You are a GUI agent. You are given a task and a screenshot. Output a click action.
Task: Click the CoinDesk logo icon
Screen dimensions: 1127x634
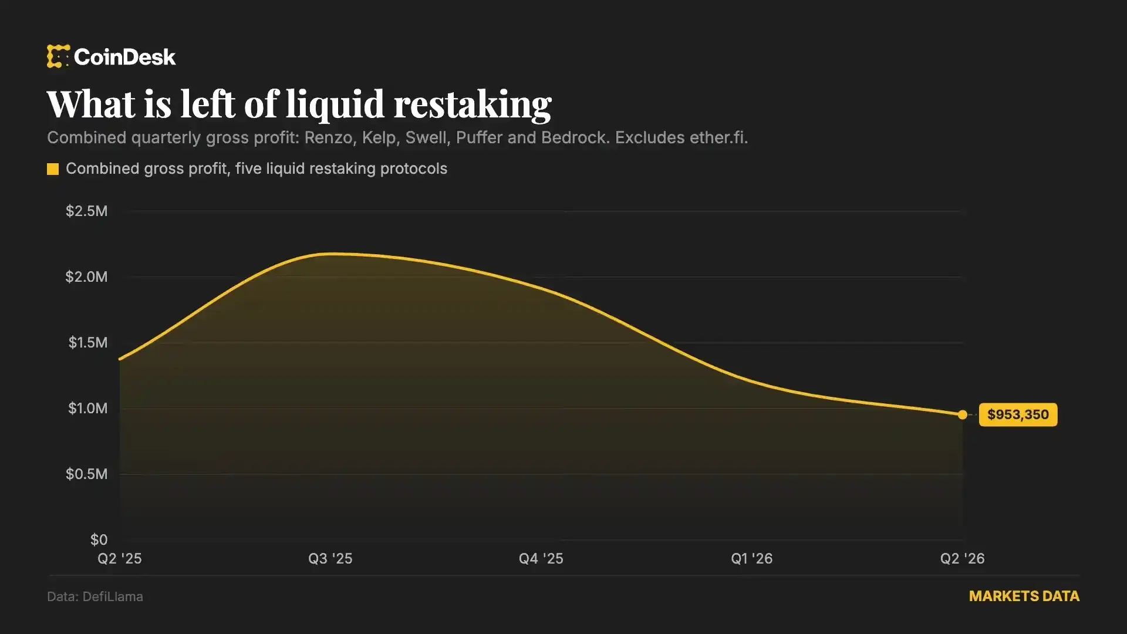click(x=58, y=56)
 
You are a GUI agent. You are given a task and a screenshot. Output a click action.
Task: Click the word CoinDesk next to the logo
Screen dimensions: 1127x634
click(x=125, y=57)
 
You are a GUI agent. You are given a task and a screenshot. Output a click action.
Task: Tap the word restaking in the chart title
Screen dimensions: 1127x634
click(x=473, y=104)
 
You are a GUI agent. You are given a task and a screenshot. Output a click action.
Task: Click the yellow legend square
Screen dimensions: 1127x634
click(x=53, y=169)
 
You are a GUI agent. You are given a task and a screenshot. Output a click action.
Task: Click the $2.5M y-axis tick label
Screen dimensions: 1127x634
click(x=87, y=211)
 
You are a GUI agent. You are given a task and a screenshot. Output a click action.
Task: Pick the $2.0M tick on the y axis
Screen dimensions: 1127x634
click(x=87, y=277)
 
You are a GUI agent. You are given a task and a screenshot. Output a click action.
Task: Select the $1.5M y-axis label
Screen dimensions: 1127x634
click(x=88, y=343)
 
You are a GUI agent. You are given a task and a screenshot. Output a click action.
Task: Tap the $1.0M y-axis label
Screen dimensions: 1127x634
click(x=88, y=409)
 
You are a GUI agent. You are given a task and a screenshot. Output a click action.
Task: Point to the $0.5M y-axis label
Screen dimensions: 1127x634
click(x=87, y=474)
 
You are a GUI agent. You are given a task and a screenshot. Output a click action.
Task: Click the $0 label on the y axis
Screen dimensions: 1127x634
click(x=99, y=540)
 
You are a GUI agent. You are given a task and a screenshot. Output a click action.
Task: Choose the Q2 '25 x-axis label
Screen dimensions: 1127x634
click(x=120, y=558)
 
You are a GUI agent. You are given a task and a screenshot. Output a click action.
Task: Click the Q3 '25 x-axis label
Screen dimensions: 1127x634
click(x=330, y=558)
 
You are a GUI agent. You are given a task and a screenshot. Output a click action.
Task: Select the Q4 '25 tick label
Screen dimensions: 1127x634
click(x=541, y=558)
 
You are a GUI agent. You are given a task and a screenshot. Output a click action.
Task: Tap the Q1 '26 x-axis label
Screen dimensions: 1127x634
click(x=752, y=558)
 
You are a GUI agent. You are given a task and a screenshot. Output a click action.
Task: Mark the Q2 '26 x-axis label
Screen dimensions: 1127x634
click(x=963, y=558)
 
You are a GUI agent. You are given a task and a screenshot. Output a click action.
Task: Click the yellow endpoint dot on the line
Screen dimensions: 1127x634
click(x=963, y=415)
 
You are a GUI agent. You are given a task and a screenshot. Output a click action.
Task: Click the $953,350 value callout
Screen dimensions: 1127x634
click(x=1018, y=415)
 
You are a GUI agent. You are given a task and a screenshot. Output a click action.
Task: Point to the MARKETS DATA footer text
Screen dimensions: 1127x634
click(x=1024, y=596)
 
